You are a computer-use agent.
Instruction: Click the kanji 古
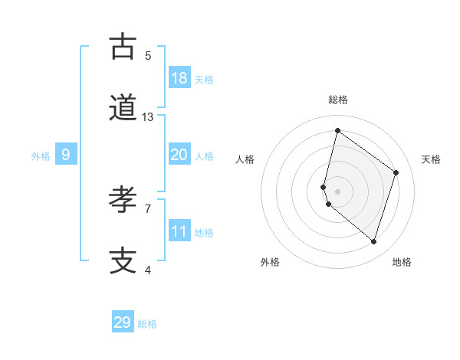pos(123,47)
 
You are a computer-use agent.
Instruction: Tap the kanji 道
pos(123,109)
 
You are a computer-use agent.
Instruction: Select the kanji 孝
pos(123,200)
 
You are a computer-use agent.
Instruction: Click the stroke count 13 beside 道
pos(148,117)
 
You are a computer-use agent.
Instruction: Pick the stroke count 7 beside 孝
pos(148,208)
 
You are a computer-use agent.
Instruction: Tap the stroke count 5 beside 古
pos(148,55)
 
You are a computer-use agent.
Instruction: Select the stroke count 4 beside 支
pos(148,270)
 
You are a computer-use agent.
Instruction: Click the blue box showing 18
pos(179,77)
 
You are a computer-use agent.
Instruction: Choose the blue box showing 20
pos(179,154)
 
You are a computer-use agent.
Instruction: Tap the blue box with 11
pos(179,231)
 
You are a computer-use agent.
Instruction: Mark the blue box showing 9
pos(66,154)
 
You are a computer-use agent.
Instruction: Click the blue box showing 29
pos(123,322)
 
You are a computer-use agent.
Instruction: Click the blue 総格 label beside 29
pos(147,324)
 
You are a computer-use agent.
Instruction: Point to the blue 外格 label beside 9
pos(41,155)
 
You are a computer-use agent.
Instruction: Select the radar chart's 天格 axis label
pos(431,159)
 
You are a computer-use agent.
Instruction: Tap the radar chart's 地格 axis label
pos(402,262)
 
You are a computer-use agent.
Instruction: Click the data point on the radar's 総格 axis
pos(337,131)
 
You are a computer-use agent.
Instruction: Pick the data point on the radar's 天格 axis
pos(396,172)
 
